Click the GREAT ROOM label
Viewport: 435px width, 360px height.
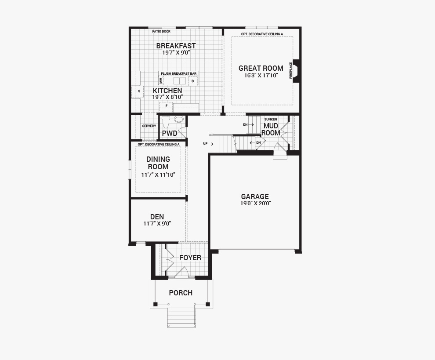click(261, 68)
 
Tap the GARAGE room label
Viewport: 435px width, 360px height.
click(255, 196)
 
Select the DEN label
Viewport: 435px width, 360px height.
click(157, 217)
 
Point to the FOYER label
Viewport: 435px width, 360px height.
click(190, 258)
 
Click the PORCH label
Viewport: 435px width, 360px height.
click(181, 293)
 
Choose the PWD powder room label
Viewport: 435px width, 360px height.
click(170, 133)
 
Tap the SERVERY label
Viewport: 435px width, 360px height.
click(149, 126)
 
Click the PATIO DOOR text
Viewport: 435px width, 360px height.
click(161, 32)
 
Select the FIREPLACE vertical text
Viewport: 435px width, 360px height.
click(290, 71)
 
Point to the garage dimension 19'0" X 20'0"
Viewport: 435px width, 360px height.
click(255, 204)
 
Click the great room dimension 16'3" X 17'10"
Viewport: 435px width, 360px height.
click(261, 76)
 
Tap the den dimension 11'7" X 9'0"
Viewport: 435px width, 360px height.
click(157, 224)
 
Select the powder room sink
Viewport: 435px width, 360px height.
click(179, 119)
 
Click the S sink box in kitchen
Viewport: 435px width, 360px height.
click(139, 91)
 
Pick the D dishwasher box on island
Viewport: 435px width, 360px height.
click(192, 81)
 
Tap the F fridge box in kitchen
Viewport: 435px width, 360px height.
click(166, 106)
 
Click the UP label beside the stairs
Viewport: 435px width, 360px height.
click(205, 144)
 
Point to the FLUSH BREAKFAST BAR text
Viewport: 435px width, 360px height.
click(179, 73)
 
